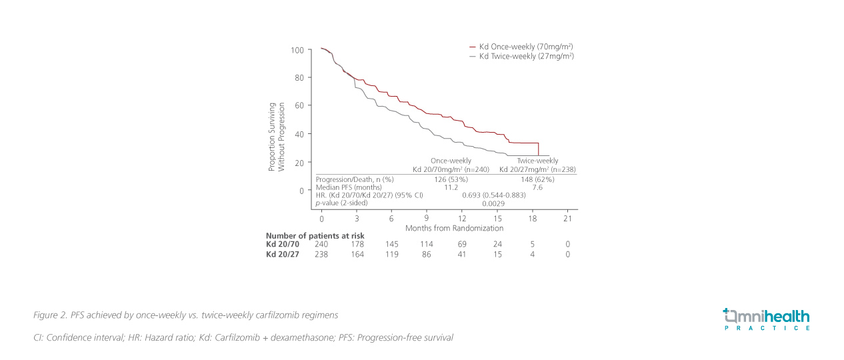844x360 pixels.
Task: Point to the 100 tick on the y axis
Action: (x=297, y=50)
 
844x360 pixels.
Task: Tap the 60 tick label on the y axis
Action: (x=299, y=106)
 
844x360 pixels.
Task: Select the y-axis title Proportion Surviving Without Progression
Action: (x=276, y=137)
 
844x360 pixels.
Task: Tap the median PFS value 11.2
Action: (x=451, y=187)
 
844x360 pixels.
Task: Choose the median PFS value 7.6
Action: (x=538, y=187)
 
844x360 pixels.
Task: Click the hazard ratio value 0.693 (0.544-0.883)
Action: (x=494, y=195)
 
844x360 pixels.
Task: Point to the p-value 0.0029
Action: (x=494, y=203)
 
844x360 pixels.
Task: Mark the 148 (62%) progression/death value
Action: (x=538, y=179)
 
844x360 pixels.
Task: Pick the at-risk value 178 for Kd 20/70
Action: (x=358, y=245)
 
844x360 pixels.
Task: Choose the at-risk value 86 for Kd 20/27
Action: (x=427, y=254)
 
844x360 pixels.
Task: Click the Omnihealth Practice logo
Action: (x=766, y=319)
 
